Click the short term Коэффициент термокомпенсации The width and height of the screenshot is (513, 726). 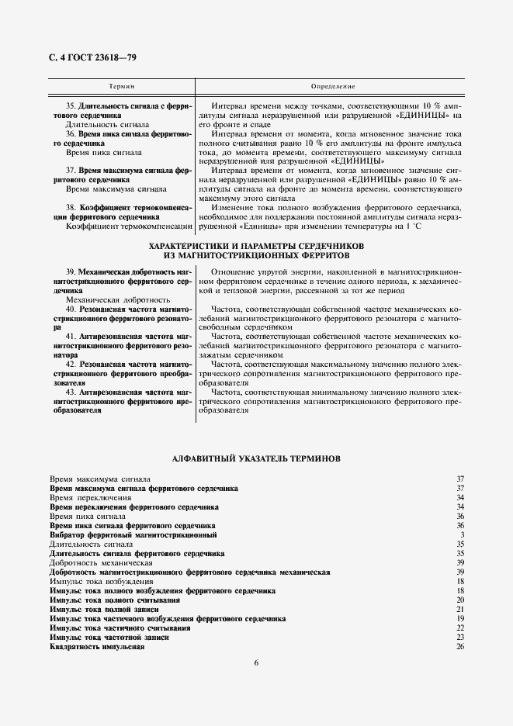129,226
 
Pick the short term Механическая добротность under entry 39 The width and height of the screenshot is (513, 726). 118,299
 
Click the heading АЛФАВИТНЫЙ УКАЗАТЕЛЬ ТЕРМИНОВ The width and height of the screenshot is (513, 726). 256,458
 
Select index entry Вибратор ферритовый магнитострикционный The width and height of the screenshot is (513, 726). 133,534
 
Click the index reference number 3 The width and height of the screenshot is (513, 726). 461,534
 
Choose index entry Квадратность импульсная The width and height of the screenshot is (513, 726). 98,647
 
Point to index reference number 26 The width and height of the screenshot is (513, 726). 459,647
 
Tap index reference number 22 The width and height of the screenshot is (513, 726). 459,627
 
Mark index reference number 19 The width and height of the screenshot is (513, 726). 459,618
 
